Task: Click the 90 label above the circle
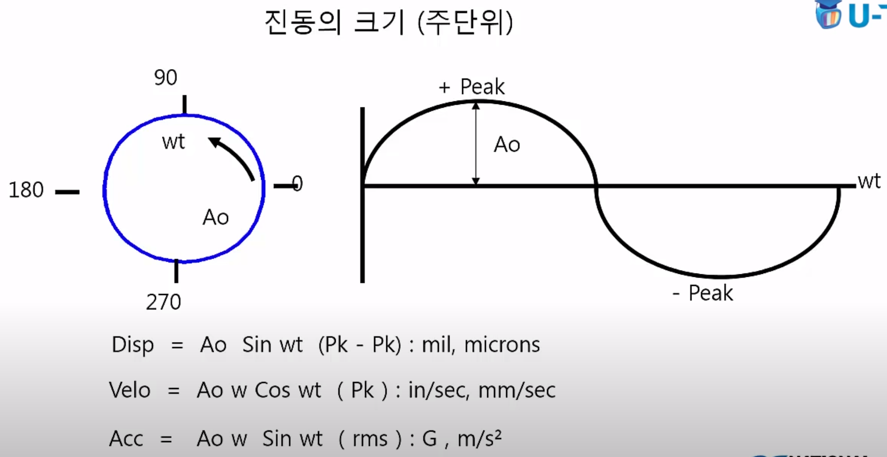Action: coord(165,78)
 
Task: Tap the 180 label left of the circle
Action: coord(26,189)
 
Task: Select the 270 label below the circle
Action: coord(163,302)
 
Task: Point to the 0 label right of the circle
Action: coord(297,184)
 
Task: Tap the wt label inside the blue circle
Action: coord(173,142)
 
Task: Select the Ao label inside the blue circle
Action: coord(215,217)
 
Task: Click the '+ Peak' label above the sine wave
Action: coord(471,87)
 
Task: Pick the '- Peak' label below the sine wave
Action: coord(703,293)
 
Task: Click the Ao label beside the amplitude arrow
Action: coord(507,145)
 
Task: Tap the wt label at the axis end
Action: coord(869,181)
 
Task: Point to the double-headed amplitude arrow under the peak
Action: coord(476,144)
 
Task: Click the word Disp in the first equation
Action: coord(132,345)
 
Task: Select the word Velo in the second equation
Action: coord(130,390)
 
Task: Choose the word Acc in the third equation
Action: coord(126,438)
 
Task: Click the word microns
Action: coord(502,345)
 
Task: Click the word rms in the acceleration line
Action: coord(370,439)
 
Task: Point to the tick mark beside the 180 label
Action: coord(67,192)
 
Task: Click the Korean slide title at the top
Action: coord(388,22)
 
